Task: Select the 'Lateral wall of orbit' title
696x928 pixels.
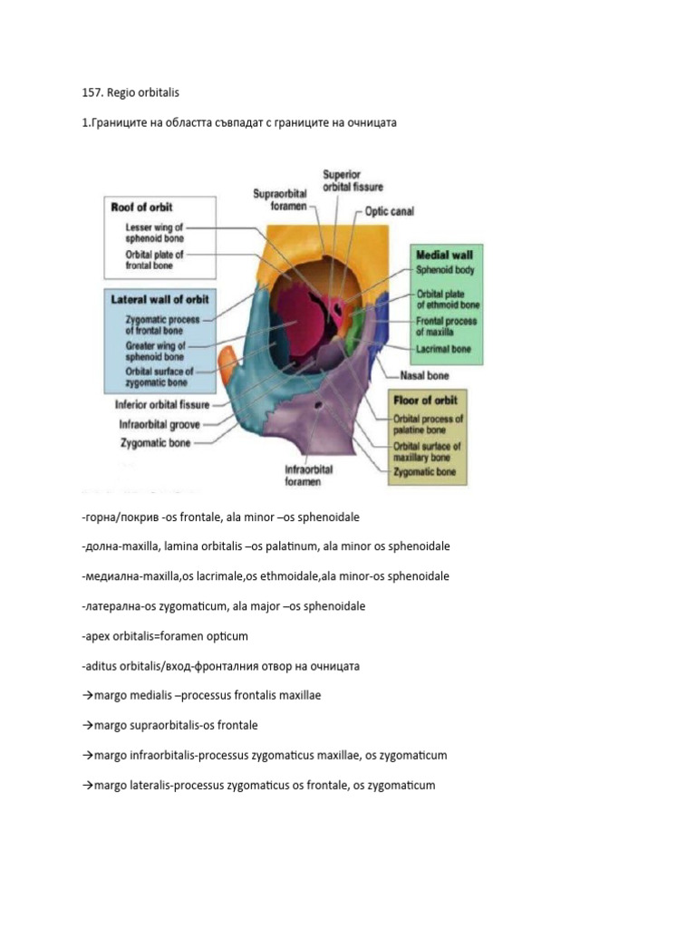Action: [x=159, y=299]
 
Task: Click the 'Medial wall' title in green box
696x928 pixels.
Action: [x=444, y=255]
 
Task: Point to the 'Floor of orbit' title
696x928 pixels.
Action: [x=425, y=400]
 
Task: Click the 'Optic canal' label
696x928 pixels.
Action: [x=390, y=211]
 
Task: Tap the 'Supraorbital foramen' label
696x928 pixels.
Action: [x=280, y=199]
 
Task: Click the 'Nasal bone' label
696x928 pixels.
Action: [x=425, y=375]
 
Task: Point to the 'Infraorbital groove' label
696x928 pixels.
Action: [x=159, y=423]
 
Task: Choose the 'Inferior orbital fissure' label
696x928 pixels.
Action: [x=162, y=404]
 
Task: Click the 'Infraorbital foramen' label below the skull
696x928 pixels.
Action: [x=308, y=476]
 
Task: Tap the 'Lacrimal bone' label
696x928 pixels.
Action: [x=443, y=348]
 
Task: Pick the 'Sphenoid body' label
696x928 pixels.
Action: [x=445, y=269]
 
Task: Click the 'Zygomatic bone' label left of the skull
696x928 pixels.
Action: [x=155, y=443]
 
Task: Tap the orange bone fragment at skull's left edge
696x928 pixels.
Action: [x=227, y=357]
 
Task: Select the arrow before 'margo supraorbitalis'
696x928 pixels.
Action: [x=87, y=725]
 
